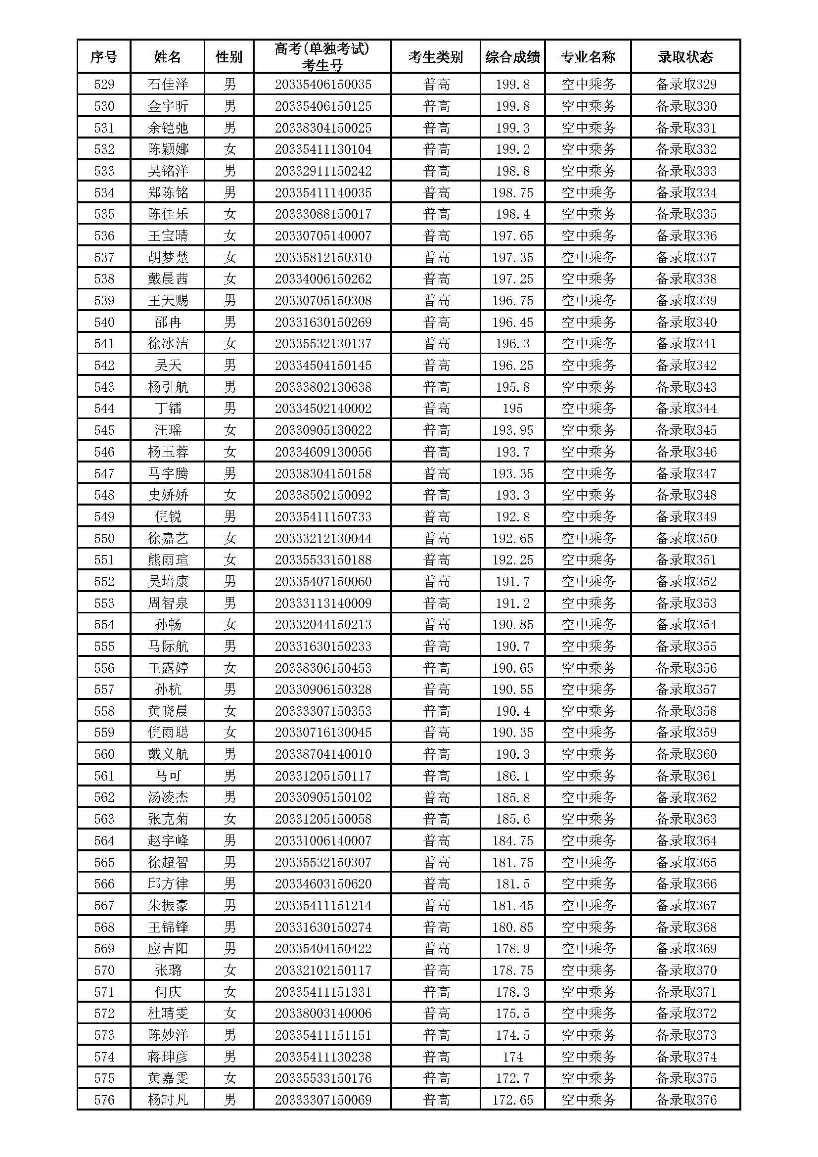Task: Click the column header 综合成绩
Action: tap(512, 57)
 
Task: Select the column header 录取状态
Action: tap(685, 57)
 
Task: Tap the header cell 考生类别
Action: tap(435, 57)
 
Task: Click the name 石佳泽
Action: tap(168, 84)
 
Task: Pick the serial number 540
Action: tap(104, 322)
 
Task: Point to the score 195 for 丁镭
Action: tap(512, 409)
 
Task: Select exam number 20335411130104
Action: tap(323, 149)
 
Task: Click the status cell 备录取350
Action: tap(685, 538)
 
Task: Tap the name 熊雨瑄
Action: tap(168, 560)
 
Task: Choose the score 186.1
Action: tap(512, 776)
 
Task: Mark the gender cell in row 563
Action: tap(229, 819)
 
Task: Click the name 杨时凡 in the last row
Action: tap(168, 1100)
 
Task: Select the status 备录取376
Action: tap(685, 1100)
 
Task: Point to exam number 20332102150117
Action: tap(323, 971)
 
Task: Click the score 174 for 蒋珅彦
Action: tap(512, 1057)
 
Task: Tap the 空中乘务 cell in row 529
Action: tap(588, 84)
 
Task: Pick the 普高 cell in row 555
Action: tap(436, 647)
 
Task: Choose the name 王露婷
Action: tap(168, 668)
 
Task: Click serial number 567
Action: tap(104, 906)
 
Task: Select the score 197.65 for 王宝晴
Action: tap(512, 236)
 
